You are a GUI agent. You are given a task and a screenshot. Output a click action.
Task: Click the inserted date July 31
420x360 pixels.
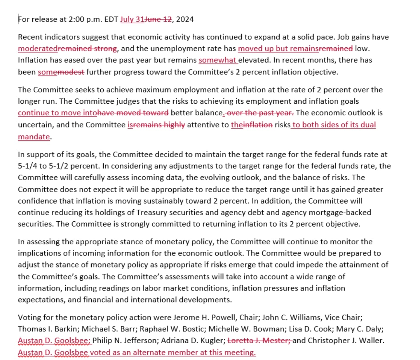point(132,19)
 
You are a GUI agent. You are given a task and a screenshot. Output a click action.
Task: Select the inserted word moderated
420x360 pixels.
point(38,48)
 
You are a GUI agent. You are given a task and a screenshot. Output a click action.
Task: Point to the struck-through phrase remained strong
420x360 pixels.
point(87,48)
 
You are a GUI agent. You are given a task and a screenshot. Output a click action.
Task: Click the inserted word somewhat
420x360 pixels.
point(217,60)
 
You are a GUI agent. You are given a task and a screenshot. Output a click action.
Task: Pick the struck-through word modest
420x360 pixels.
point(71,72)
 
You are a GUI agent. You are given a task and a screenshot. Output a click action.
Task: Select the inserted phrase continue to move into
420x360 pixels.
point(57,113)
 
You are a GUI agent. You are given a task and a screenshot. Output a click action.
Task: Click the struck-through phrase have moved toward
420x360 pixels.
point(133,113)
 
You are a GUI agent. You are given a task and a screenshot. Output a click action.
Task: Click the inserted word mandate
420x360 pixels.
point(34,137)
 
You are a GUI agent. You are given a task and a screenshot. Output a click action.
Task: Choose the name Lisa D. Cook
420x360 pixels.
point(310,329)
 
